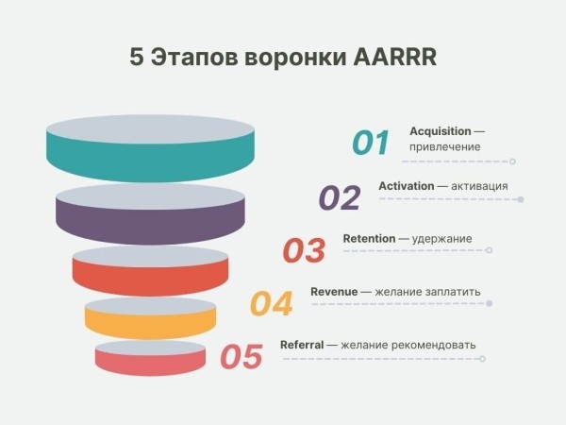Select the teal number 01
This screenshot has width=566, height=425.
pos(371,143)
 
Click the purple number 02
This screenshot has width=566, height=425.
pos(340,197)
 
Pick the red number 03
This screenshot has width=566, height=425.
pos(304,250)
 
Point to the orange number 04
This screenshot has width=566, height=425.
pos(272,303)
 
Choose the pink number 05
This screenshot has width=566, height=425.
pos(241,357)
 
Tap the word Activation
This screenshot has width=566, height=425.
pos(407,186)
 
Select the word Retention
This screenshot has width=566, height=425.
pos(369,239)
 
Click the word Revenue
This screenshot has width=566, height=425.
pos(334,292)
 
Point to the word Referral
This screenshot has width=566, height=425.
pos(302,345)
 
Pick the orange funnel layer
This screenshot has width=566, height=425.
pos(150,320)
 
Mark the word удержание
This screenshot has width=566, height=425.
pos(442,239)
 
